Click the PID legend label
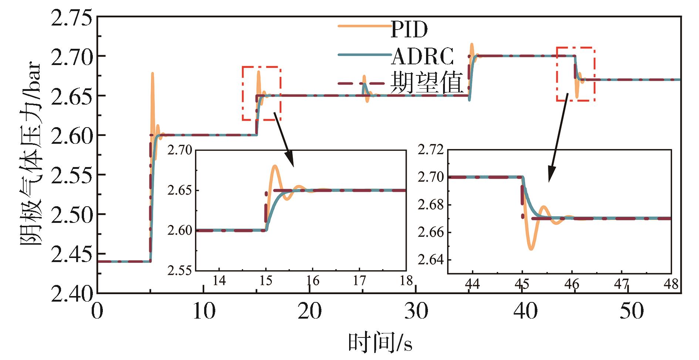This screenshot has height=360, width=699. [x=409, y=29]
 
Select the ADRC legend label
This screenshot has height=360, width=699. [x=422, y=57]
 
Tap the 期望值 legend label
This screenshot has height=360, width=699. [x=426, y=83]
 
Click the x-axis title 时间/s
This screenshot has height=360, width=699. [x=380, y=343]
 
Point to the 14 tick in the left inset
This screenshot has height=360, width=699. [x=219, y=281]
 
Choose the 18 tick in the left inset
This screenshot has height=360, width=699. [x=406, y=281]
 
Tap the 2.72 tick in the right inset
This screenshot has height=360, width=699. [x=430, y=150]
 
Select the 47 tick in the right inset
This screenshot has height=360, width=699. [x=621, y=284]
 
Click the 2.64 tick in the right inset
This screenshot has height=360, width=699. [x=430, y=260]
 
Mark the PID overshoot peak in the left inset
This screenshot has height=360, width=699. [x=275, y=166]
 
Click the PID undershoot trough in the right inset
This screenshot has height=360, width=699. [x=531, y=249]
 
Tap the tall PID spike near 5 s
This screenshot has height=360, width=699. [x=152, y=74]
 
